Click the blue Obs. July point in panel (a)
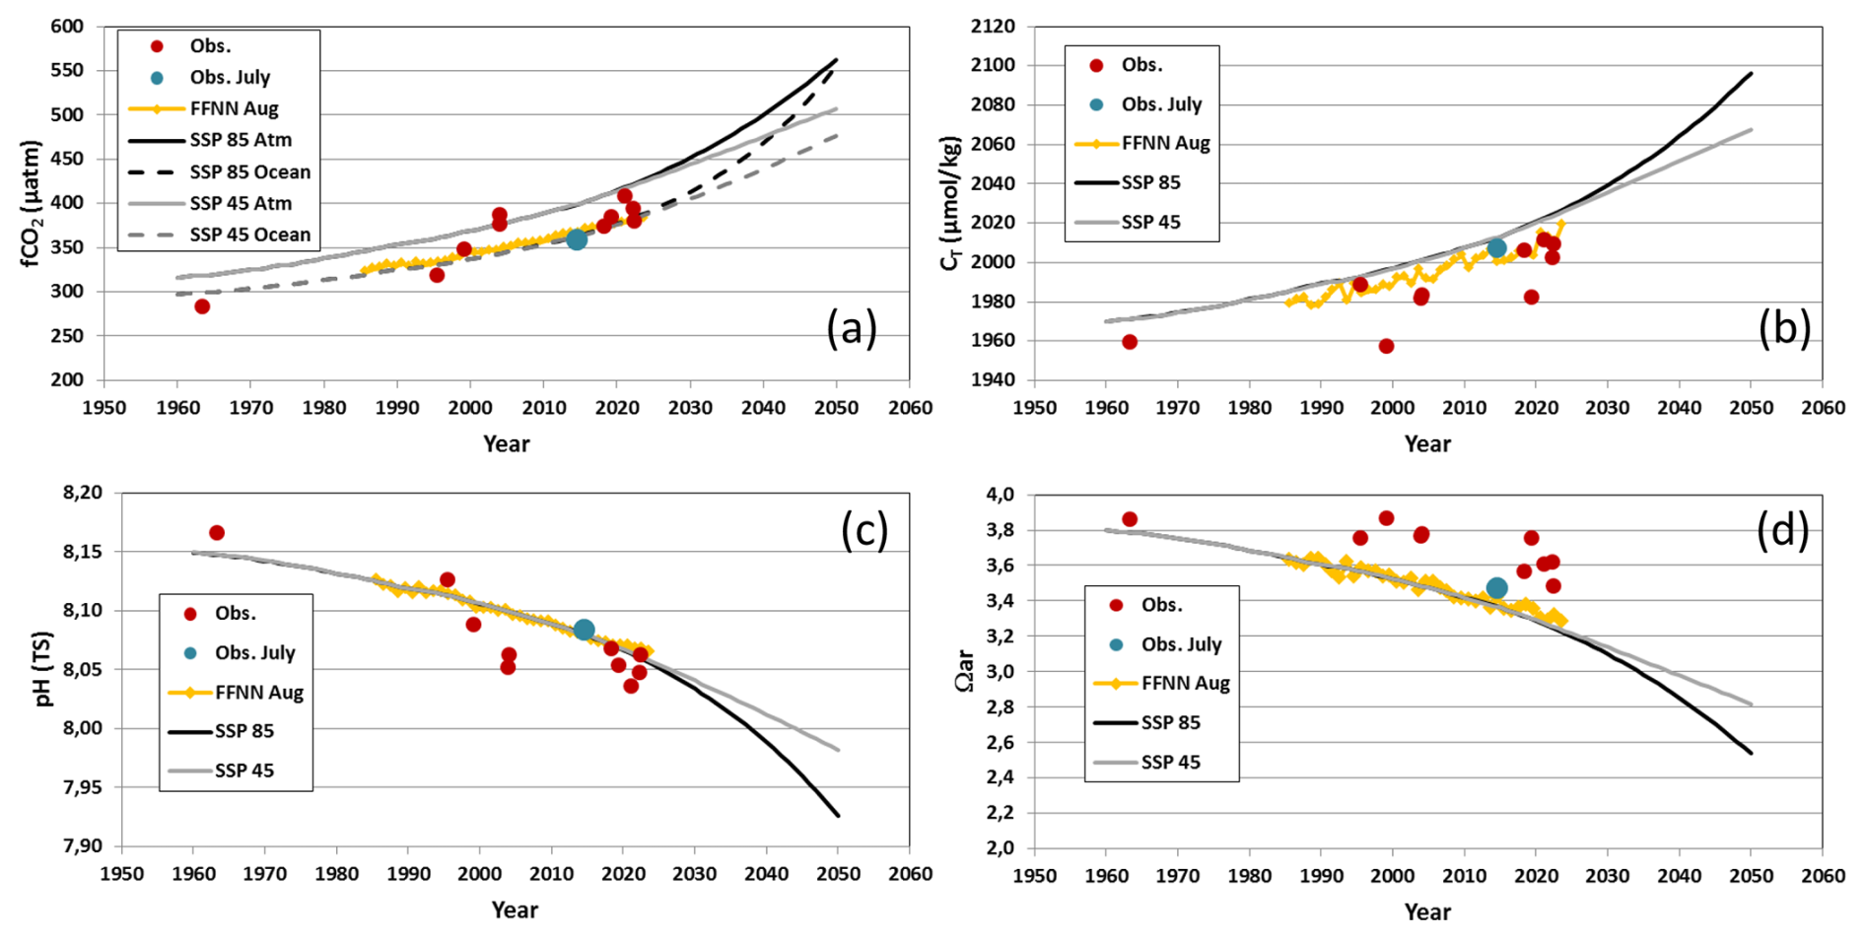[577, 239]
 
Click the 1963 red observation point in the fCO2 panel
[202, 306]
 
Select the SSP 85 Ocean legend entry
[249, 171]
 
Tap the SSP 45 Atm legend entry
[241, 203]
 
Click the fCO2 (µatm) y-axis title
[30, 204]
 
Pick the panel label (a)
[851, 328]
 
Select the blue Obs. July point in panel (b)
[1496, 248]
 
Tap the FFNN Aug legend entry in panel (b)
[1165, 143]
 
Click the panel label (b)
[1784, 328]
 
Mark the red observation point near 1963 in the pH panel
[217, 533]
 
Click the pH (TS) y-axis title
[42, 669]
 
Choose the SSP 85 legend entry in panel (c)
[244, 731]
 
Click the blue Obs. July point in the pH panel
[584, 630]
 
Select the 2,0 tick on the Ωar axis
[1001, 848]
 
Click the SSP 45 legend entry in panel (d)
[1170, 762]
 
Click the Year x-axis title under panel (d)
[1426, 911]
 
